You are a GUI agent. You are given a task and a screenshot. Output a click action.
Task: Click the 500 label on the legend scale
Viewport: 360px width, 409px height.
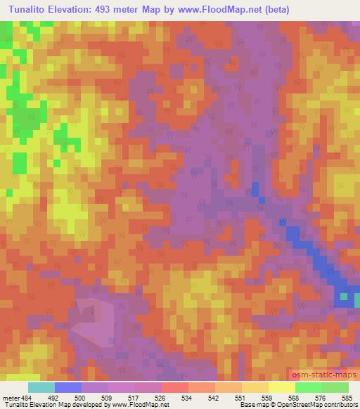[82, 398]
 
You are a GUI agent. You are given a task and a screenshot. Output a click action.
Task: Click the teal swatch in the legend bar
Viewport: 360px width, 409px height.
[41, 387]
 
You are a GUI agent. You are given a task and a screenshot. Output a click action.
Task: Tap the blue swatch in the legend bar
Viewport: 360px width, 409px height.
[68, 387]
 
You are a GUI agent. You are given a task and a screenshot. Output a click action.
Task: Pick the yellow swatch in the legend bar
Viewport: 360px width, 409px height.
[282, 387]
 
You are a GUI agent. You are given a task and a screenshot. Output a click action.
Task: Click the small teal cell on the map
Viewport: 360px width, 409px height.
[343, 296]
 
